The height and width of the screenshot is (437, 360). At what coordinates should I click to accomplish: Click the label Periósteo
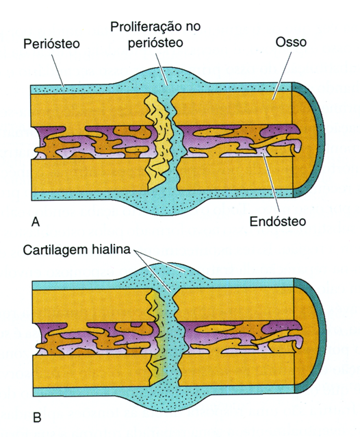tap(51, 43)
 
